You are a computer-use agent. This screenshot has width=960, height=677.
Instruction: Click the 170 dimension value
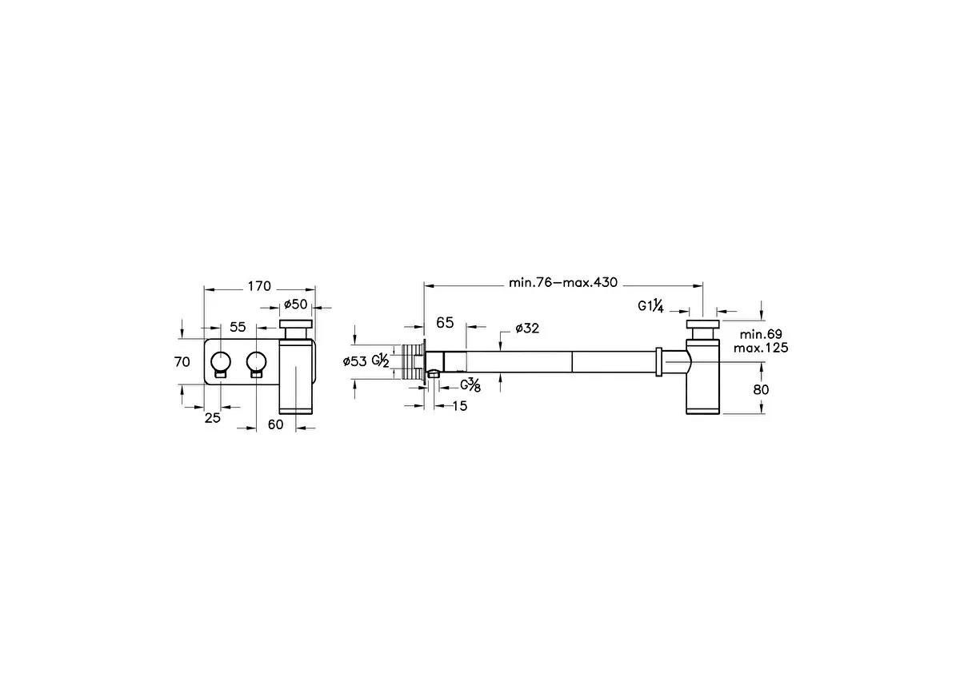[x=259, y=286]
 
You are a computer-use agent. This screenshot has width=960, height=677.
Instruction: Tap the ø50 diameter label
[x=296, y=304]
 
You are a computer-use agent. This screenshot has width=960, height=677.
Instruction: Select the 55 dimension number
[x=238, y=326]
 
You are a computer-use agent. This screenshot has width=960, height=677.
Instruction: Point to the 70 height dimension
[x=182, y=362]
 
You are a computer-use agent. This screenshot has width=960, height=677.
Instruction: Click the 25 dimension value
[x=212, y=417]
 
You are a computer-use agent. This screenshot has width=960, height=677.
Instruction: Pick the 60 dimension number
[x=275, y=424]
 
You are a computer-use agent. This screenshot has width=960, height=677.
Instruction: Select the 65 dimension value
[x=445, y=323]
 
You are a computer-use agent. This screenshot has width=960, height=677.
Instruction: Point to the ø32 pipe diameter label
[x=527, y=328]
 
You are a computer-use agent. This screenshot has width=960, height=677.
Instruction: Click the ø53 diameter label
[x=356, y=361]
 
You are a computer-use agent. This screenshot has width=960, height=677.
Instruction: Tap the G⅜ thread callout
[x=471, y=385]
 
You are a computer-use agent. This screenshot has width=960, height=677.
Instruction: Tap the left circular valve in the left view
[x=221, y=360]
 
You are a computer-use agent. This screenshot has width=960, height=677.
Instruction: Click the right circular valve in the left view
[x=256, y=360]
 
